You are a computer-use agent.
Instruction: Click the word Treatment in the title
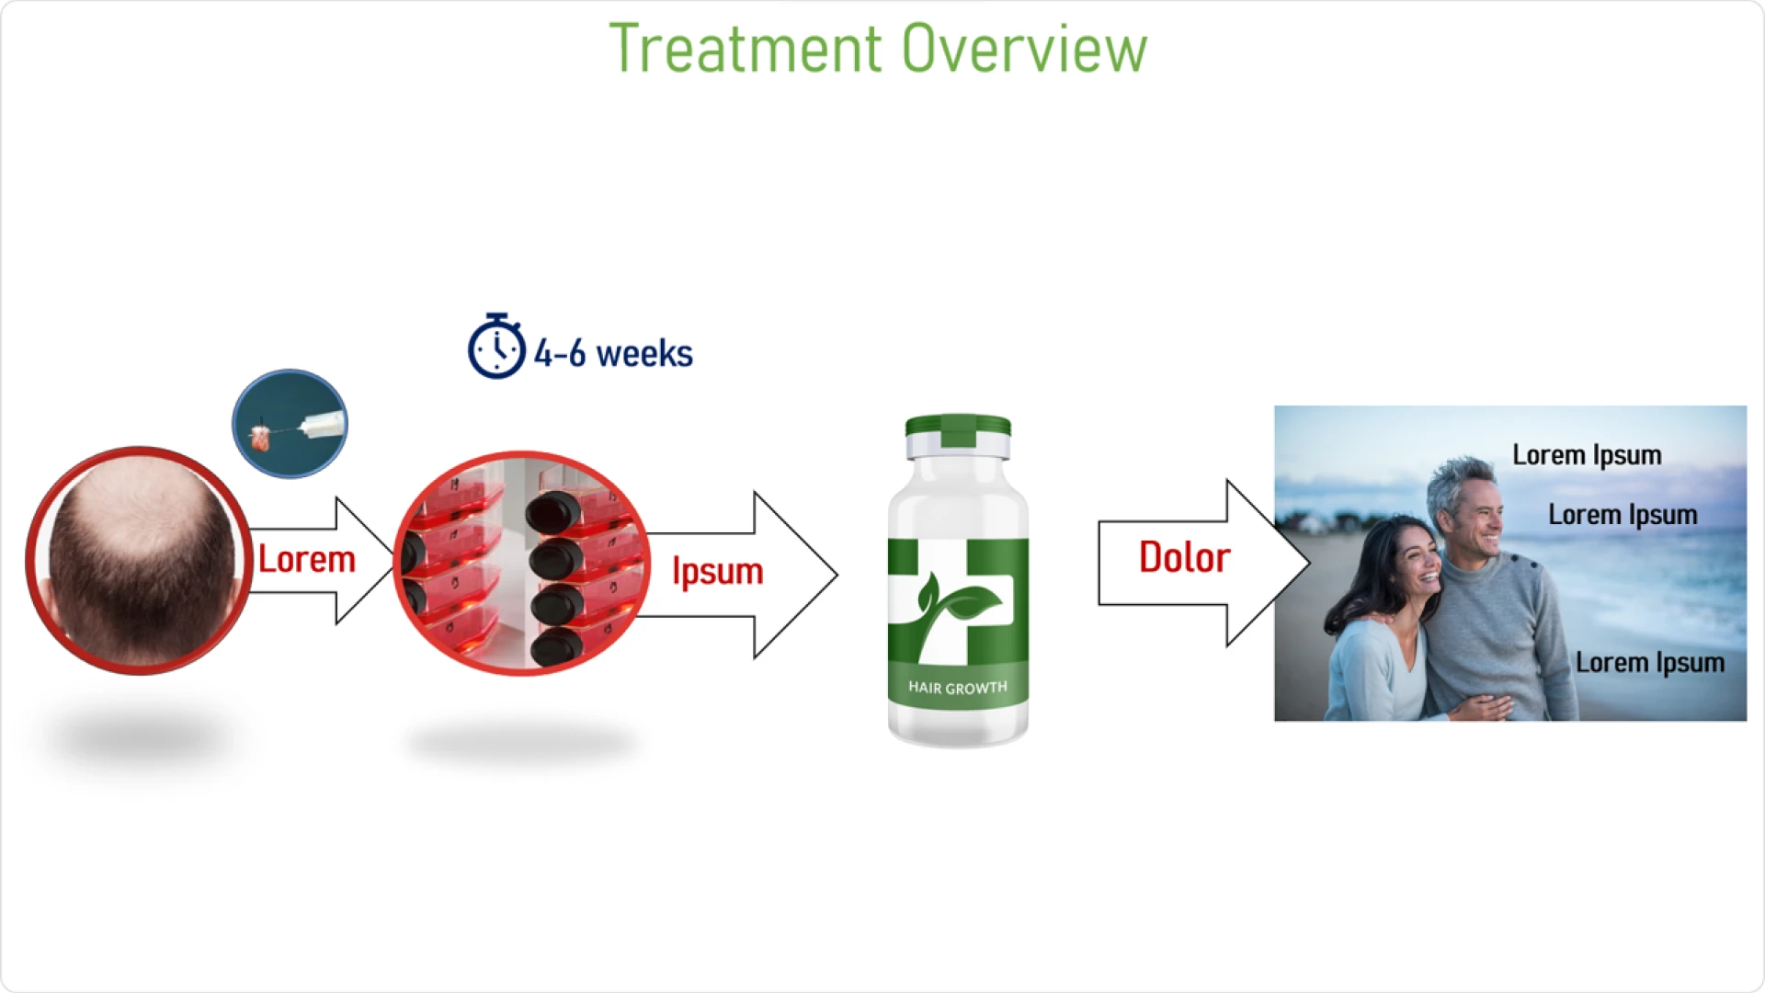(745, 49)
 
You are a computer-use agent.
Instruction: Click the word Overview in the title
(1024, 49)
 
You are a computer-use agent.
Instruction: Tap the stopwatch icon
(496, 347)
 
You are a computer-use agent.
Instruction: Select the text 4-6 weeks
(613, 354)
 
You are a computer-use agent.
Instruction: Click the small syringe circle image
(290, 424)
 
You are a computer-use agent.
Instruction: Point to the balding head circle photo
(139, 561)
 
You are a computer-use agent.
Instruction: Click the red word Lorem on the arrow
(306, 560)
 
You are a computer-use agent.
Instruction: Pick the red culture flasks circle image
(521, 563)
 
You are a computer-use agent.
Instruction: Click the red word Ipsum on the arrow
(717, 571)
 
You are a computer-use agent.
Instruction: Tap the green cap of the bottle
(958, 428)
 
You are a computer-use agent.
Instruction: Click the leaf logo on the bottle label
(956, 607)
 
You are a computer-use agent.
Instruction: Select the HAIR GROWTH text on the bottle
(958, 688)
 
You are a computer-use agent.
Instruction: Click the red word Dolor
(1184, 558)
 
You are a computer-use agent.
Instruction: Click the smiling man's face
(1471, 511)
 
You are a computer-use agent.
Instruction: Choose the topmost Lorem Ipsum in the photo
(1587, 455)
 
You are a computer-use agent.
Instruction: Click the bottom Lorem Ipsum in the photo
(1649, 663)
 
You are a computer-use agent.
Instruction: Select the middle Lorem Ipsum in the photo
(1623, 515)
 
